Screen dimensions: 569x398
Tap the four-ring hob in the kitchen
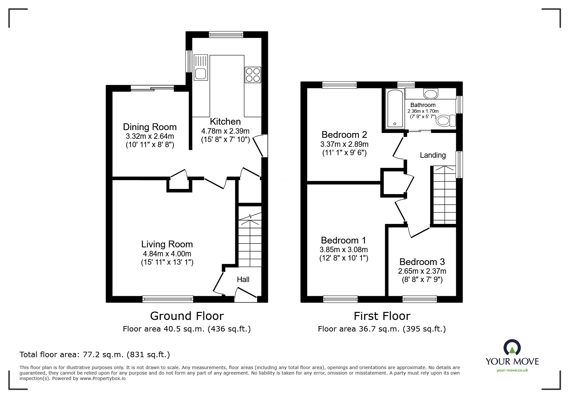(253, 75)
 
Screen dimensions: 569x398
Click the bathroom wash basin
(431, 94)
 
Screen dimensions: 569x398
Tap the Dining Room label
(150, 127)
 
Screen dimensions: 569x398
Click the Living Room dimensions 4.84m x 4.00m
(167, 254)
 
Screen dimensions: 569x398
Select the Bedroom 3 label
(422, 262)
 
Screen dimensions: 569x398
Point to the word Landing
(433, 155)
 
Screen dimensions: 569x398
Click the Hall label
(243, 279)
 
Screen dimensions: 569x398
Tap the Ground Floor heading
(187, 316)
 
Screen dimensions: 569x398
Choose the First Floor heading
(382, 316)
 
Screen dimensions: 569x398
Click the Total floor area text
(95, 355)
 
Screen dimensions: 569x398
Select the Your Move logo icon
(512, 348)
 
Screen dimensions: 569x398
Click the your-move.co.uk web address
(512, 370)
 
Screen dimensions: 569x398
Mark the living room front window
(168, 299)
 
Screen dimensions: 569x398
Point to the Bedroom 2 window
(340, 85)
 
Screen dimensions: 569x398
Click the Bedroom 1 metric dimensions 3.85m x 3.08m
(344, 250)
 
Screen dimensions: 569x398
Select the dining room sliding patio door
(152, 88)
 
